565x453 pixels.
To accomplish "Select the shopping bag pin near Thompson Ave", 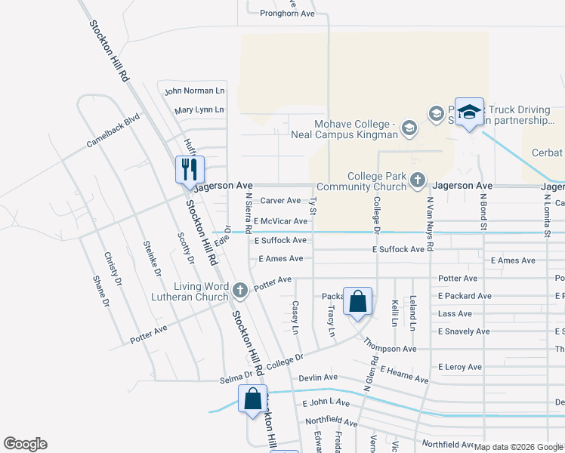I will [358, 301].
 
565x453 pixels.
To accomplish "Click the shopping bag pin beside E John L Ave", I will [253, 399].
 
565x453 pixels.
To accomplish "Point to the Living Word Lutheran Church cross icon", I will [240, 290].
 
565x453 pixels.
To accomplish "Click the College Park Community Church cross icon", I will [418, 180].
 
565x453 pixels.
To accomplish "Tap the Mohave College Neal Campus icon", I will [409, 128].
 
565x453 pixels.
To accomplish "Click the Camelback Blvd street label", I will [113, 130].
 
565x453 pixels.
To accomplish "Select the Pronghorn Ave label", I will [287, 14].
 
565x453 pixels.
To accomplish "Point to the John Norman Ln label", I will [195, 91].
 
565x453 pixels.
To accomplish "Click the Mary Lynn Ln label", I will [199, 109].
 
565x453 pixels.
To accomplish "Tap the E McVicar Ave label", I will [280, 221].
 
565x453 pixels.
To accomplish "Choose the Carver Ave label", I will [281, 201].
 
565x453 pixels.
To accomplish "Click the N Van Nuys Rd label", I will [430, 224].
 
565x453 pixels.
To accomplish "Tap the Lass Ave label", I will [455, 313].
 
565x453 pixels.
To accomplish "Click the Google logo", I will [25, 444].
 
